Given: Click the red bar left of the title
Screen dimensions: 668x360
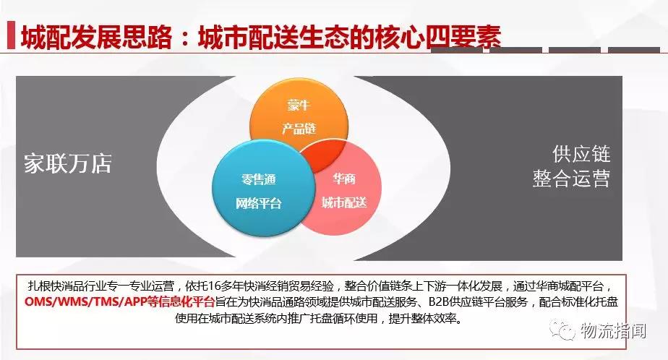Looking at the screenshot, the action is [11, 35].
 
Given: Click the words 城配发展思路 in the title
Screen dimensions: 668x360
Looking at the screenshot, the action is [97, 37].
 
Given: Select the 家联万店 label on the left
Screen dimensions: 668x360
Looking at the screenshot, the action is [68, 163].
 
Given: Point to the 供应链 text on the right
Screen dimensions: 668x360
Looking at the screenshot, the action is [581, 154].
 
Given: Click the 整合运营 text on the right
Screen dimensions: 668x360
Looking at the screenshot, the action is [571, 178].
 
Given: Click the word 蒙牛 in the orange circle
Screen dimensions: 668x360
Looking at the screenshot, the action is [299, 105].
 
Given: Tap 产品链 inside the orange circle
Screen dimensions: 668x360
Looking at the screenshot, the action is [299, 128].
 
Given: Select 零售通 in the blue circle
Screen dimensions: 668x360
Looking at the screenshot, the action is [259, 179].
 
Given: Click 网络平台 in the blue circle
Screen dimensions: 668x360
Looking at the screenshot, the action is [259, 203].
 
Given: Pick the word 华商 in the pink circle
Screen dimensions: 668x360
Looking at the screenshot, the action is [344, 179].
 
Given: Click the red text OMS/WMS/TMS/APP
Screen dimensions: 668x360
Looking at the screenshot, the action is [85, 302].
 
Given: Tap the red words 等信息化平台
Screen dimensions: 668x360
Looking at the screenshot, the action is [180, 302].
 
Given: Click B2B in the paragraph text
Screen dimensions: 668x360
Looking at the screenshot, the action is [438, 302].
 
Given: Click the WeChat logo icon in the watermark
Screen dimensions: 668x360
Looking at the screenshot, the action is [562, 330].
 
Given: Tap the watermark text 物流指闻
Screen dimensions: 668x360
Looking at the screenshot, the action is [612, 330].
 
